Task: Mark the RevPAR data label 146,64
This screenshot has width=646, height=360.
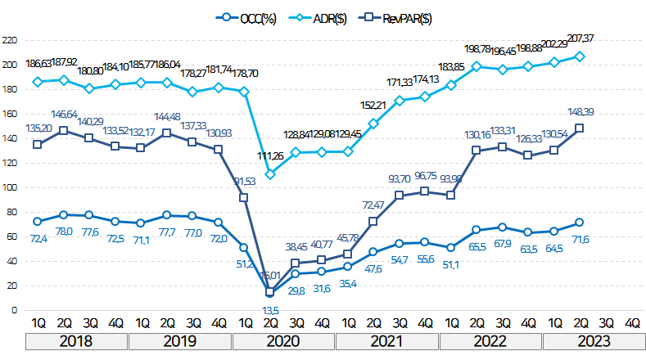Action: click(65, 115)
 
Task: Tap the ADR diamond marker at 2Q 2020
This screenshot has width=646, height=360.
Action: click(270, 173)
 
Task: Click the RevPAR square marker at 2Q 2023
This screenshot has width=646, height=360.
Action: click(580, 128)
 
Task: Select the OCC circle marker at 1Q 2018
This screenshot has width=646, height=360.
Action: click(37, 221)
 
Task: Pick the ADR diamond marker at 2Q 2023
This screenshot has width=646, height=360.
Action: click(580, 56)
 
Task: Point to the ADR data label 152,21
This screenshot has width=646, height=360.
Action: click(373, 106)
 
